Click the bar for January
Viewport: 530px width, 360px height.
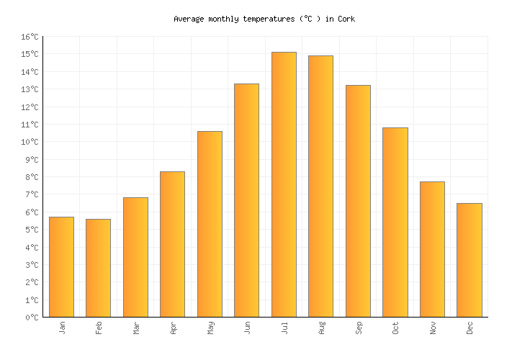click(61, 266)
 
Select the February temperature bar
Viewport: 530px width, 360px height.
click(98, 268)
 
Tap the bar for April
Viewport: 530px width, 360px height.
click(172, 244)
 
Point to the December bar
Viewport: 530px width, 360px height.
click(469, 260)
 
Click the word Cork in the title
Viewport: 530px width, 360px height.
click(346, 19)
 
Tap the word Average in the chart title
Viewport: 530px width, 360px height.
click(189, 19)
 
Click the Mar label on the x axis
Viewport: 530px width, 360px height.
click(136, 328)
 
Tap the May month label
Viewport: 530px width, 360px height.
click(210, 328)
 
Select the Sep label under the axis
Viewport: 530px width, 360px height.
click(359, 328)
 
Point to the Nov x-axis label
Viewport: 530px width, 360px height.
click(433, 328)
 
